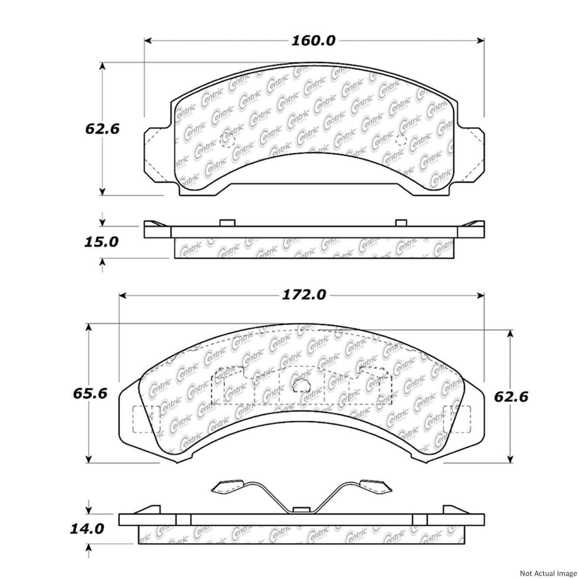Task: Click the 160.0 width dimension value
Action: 313,41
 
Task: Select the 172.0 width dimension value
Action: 303,295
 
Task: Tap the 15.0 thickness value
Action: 102,242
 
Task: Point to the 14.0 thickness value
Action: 86,528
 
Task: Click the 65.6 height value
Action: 90,394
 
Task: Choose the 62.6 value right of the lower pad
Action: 511,396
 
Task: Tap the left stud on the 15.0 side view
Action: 227,223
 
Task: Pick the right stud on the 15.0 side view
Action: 401,223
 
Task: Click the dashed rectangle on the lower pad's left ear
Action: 146,419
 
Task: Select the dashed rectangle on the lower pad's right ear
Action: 457,419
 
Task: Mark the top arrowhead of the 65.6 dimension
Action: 89,328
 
